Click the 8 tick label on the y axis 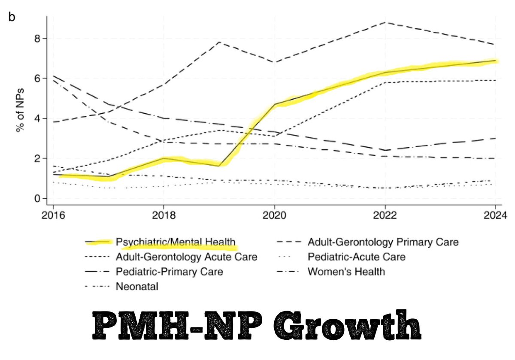point(37,39)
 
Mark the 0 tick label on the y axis point(37,199)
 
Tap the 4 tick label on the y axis point(37,119)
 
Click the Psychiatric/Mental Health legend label point(176,242)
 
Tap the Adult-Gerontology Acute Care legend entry point(186,257)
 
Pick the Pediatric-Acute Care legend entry point(356,257)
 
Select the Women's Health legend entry point(346,272)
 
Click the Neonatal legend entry point(137,286)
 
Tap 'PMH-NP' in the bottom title point(174,327)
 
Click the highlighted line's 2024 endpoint point(495,61)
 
